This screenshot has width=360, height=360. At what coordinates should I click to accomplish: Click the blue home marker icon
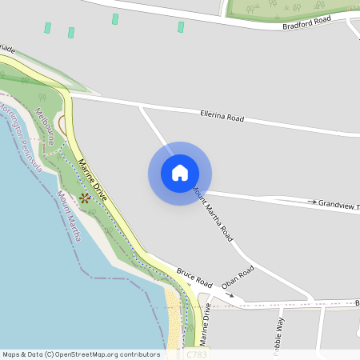click(x=180, y=173)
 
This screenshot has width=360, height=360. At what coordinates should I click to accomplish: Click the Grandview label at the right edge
click(x=338, y=206)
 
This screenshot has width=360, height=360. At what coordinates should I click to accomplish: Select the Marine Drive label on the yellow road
click(x=95, y=185)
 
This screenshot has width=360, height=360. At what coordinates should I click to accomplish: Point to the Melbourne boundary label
click(x=44, y=126)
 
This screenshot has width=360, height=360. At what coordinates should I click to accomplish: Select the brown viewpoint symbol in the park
click(x=85, y=197)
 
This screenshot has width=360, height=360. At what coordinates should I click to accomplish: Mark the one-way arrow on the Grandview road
click(x=312, y=202)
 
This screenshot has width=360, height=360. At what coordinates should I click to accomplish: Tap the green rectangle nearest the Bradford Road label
click(x=181, y=27)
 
